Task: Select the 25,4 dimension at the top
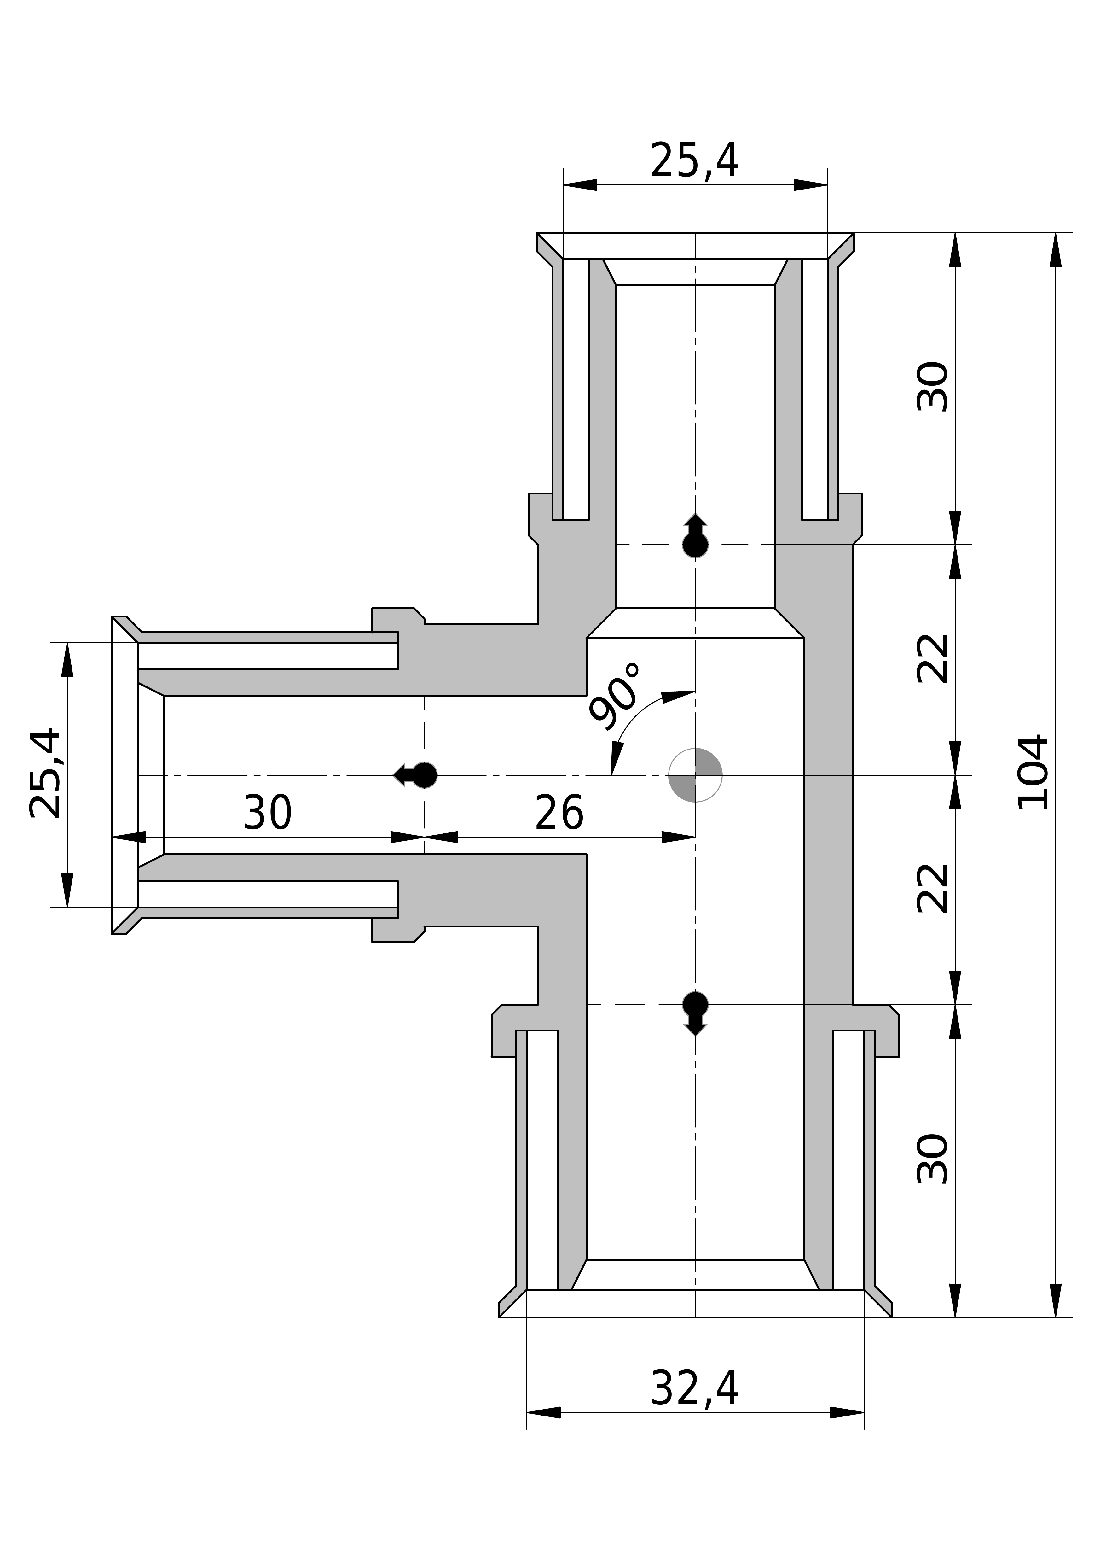click(x=694, y=161)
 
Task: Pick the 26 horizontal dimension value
click(x=559, y=813)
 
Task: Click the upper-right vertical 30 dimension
click(x=932, y=387)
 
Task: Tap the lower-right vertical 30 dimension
click(x=932, y=1159)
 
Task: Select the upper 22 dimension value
click(x=932, y=658)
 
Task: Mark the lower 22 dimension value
click(x=932, y=889)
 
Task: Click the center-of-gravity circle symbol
click(x=695, y=775)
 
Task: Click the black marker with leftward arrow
click(x=417, y=775)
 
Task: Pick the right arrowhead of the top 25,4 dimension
click(x=811, y=185)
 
